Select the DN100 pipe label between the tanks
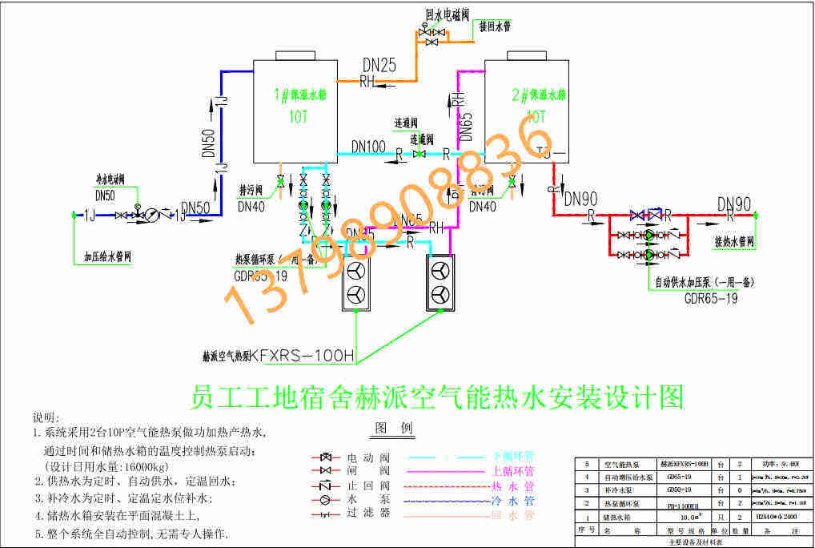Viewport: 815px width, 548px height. (x=368, y=147)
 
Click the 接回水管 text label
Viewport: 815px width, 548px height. (x=495, y=26)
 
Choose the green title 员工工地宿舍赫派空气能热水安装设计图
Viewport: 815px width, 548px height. (x=437, y=396)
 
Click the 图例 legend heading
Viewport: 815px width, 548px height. (x=393, y=428)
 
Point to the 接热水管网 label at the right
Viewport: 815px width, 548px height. (x=734, y=240)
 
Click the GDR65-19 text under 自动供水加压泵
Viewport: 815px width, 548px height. (x=711, y=299)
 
